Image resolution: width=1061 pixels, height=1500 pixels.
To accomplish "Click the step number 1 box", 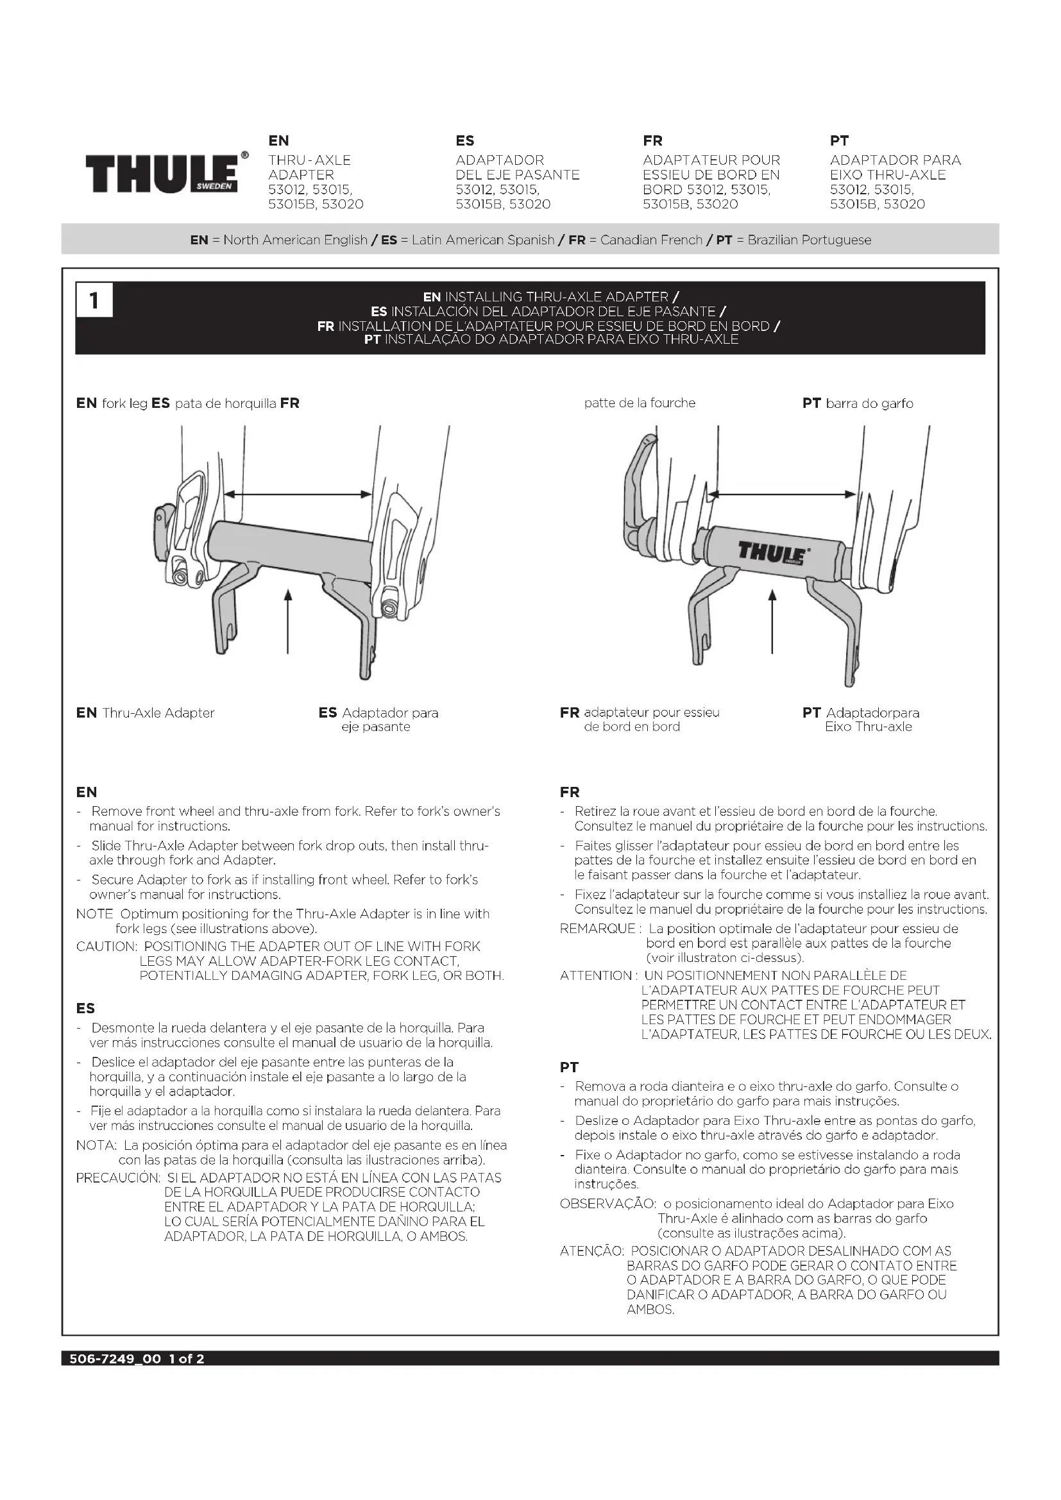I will click(x=94, y=301).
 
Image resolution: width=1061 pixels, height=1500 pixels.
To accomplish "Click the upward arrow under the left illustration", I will click(x=287, y=621).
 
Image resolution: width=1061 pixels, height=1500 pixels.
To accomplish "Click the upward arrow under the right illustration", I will click(x=772, y=621).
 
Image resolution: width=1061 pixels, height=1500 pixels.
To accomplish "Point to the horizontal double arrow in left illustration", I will click(x=298, y=494).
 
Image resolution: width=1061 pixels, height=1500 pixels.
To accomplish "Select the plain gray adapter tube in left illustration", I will click(x=287, y=549).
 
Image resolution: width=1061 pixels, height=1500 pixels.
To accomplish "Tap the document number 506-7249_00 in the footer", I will click(x=115, y=1359).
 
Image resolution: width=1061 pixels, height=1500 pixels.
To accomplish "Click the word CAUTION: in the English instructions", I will click(x=106, y=947).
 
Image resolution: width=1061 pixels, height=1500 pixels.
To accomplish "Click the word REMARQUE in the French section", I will click(x=598, y=929).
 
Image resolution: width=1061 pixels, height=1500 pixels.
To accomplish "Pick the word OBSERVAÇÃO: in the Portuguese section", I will click(x=607, y=1203).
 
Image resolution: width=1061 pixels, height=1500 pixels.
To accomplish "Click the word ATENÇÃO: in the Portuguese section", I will click(x=592, y=1251).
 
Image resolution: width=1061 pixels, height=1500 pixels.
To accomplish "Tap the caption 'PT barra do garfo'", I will click(x=857, y=404).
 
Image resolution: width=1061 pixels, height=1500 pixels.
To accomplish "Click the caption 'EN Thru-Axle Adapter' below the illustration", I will click(x=145, y=712).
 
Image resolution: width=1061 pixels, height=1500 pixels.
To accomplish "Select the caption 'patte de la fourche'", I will click(x=640, y=403).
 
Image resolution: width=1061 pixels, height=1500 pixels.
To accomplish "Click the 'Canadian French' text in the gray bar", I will click(x=650, y=240).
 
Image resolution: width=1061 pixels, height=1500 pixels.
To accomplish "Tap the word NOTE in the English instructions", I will click(x=95, y=914).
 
